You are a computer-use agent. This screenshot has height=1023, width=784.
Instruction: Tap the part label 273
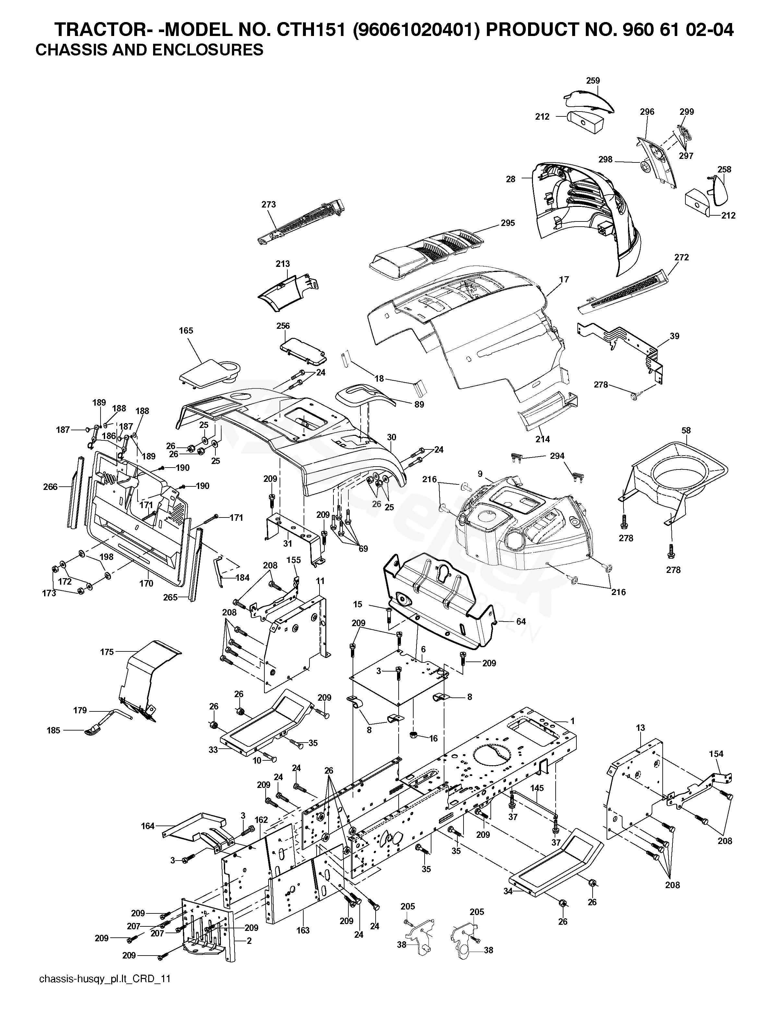click(269, 204)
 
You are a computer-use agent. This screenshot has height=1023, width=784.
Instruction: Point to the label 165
click(186, 331)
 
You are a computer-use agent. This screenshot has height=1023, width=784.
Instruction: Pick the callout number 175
click(107, 652)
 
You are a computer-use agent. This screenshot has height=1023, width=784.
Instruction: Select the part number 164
click(148, 826)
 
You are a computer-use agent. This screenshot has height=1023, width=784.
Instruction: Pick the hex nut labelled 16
click(414, 735)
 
